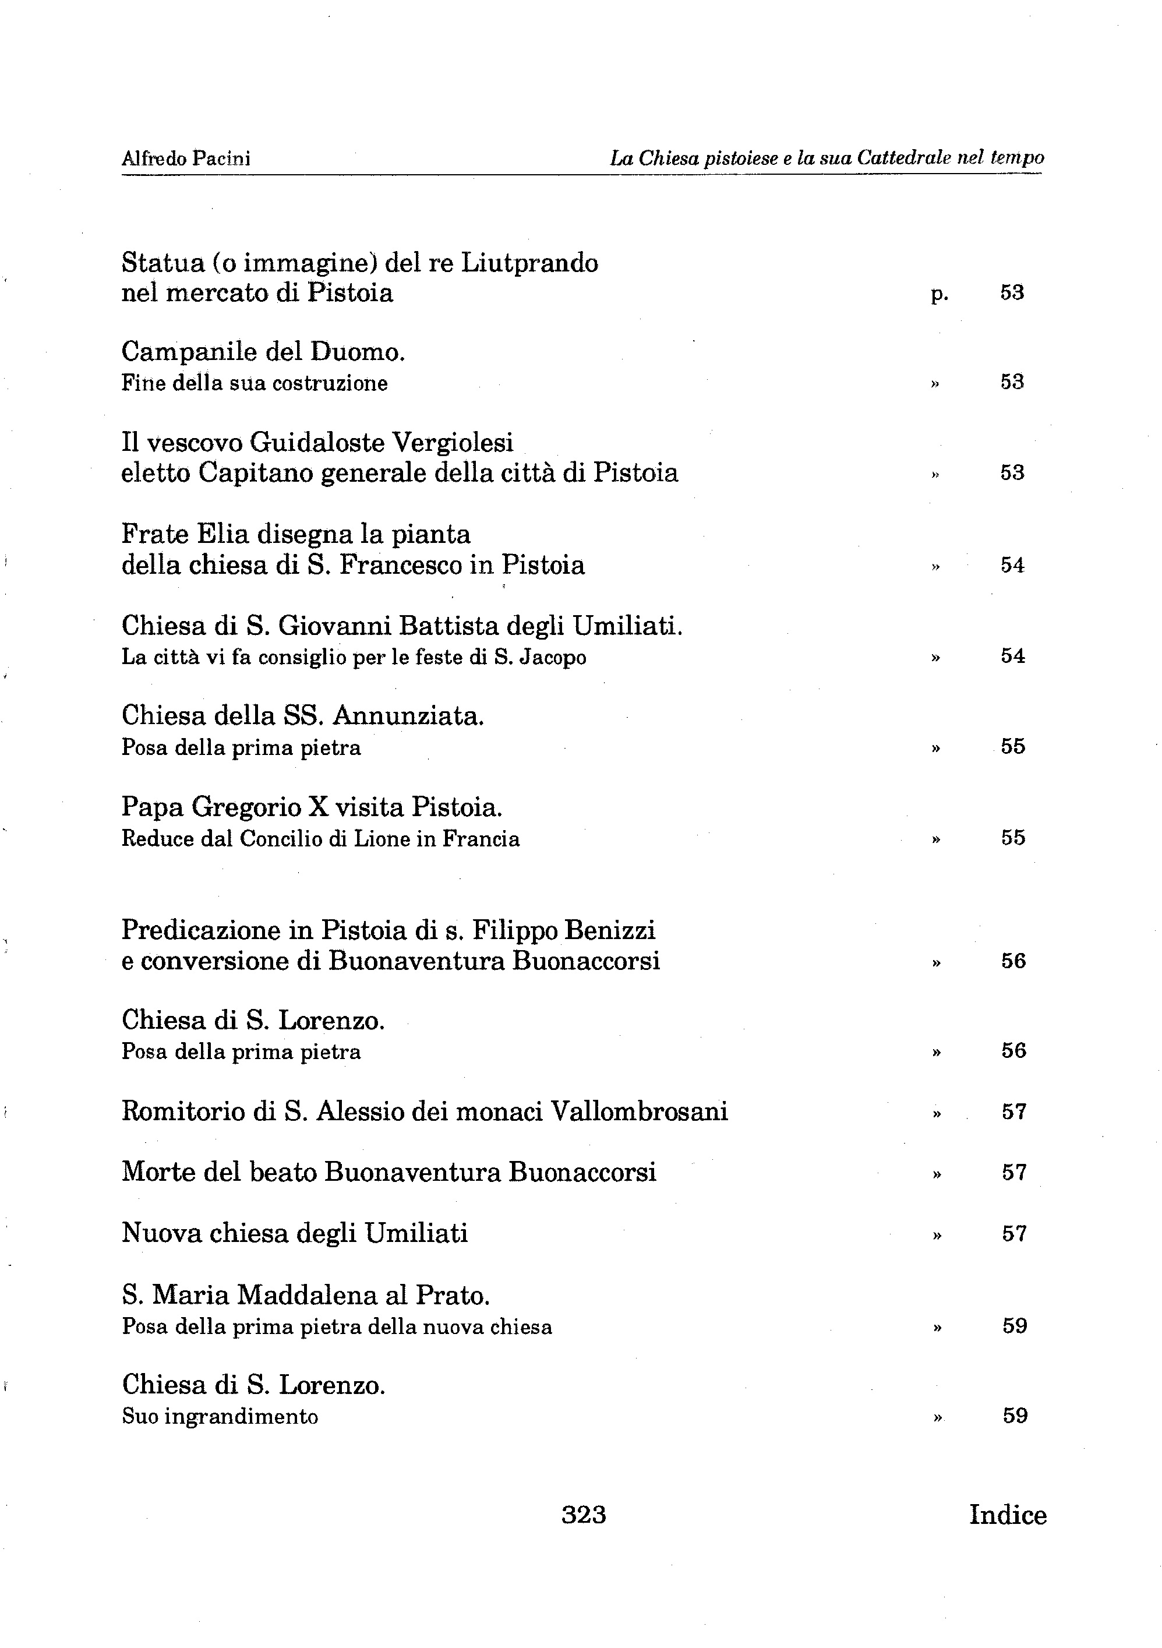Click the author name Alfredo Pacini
click(186, 158)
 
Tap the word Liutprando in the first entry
click(529, 263)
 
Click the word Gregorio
click(245, 807)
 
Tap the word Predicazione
click(200, 930)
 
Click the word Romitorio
click(183, 1112)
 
